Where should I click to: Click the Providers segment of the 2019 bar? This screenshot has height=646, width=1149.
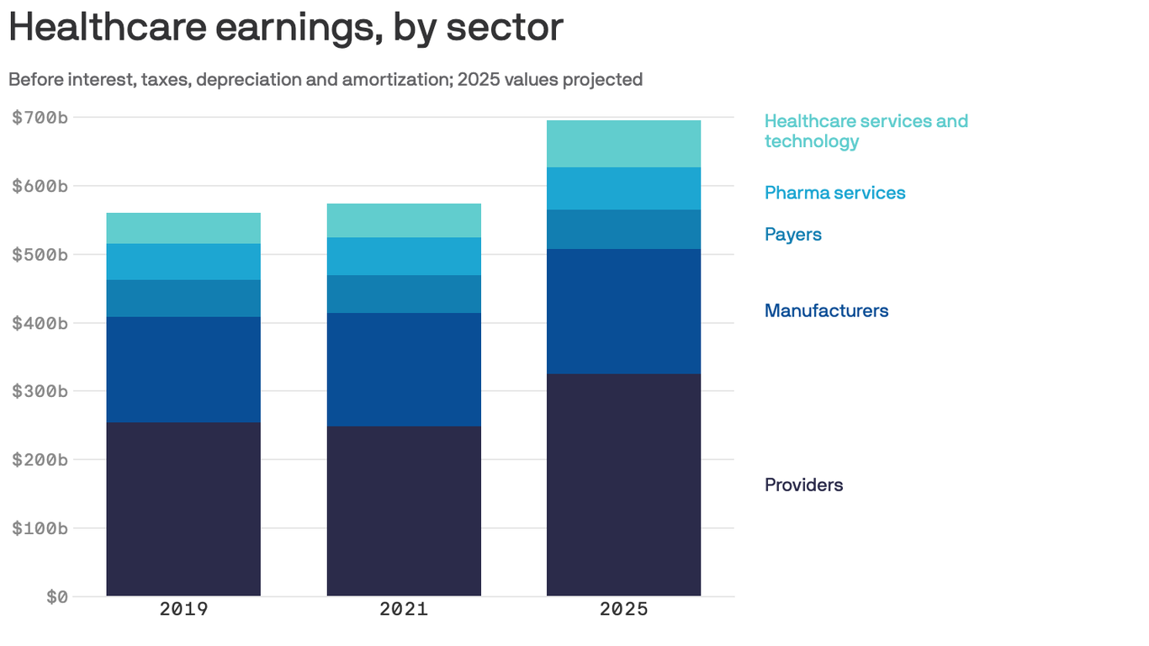183,509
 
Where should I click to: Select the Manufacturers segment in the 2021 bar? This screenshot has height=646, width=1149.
404,369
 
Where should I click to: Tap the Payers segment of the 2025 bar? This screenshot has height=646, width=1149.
623,229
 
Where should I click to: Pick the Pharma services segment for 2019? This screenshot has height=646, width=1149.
183,262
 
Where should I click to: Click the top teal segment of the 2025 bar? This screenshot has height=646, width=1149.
623,144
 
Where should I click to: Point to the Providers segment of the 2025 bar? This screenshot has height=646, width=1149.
623,484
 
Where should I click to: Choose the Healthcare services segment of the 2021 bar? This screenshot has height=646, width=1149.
404,220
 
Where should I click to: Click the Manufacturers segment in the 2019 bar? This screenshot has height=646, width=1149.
183,369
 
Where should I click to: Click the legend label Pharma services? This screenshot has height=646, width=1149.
834,193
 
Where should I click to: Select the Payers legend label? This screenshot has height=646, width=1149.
792,235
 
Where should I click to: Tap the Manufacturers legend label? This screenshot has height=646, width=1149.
826,310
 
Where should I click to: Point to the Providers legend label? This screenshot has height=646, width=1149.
803,484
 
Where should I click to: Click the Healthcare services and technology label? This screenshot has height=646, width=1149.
866,130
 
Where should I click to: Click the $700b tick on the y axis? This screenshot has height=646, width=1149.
40,117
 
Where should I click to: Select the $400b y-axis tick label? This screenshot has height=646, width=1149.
40,323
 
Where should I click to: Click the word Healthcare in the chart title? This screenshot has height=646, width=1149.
105,27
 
